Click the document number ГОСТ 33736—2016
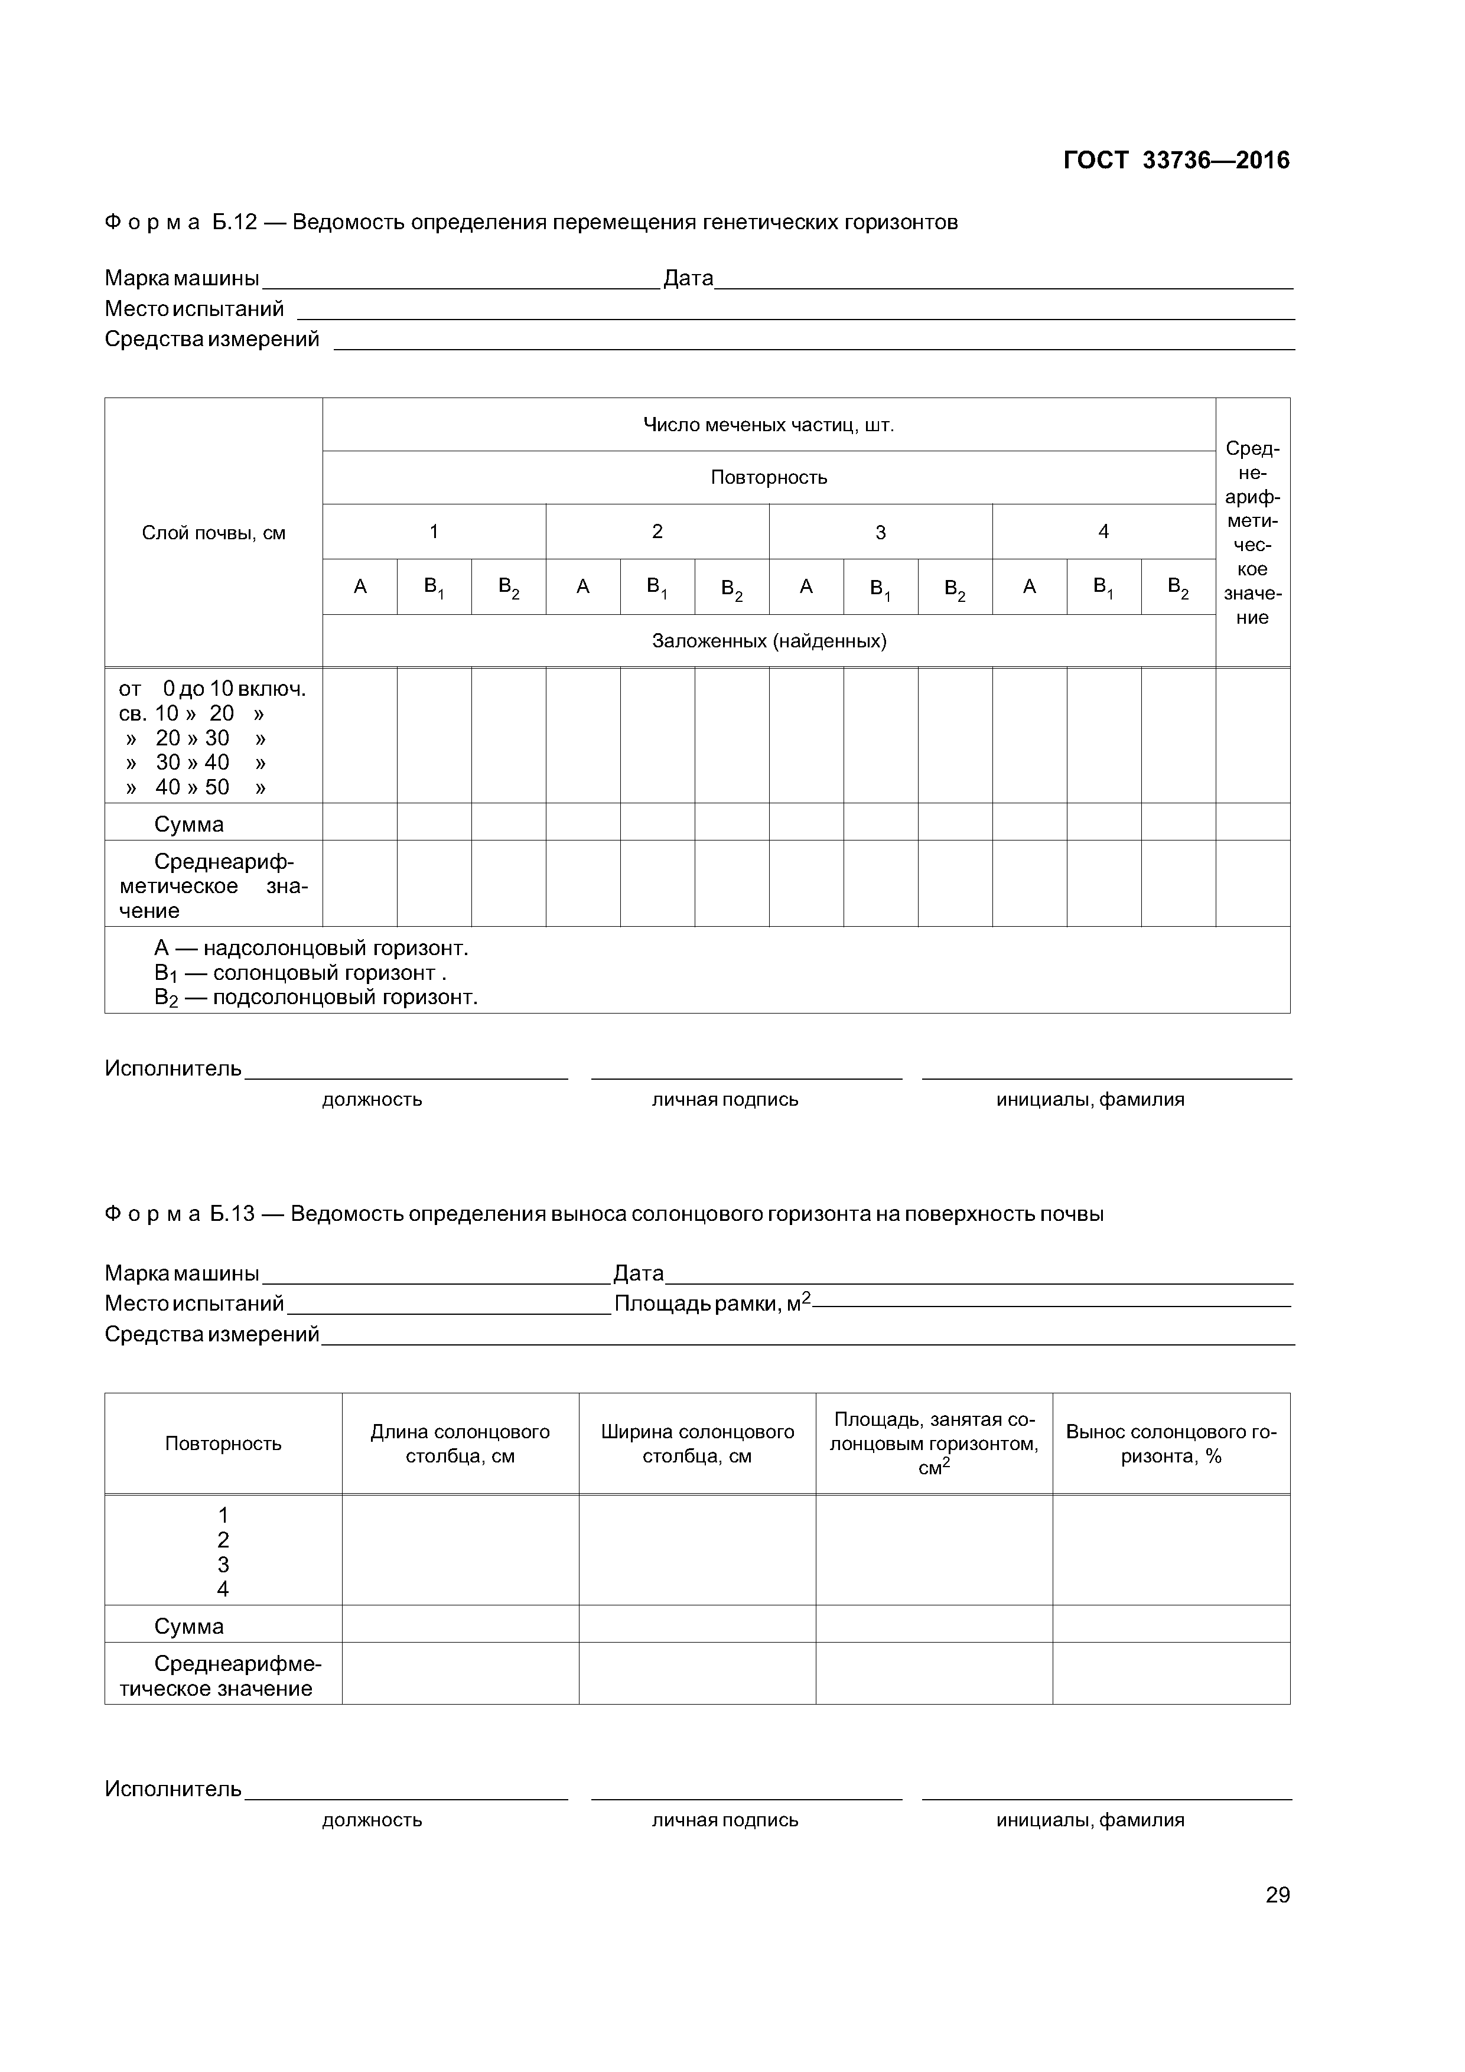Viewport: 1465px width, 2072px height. (1176, 161)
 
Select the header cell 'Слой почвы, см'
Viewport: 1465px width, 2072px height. (213, 532)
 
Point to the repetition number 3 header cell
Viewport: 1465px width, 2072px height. (880, 532)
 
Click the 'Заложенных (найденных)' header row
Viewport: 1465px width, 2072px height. (768, 641)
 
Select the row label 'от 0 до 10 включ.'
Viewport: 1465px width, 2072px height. (212, 689)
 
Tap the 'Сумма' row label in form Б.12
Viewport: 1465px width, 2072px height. (188, 824)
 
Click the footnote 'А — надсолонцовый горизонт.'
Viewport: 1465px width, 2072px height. (311, 947)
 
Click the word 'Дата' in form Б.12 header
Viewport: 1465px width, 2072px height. (688, 278)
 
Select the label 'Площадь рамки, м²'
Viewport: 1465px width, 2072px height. (712, 1303)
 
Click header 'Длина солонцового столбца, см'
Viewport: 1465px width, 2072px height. (460, 1444)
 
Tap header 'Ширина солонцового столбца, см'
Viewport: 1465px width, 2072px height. (697, 1444)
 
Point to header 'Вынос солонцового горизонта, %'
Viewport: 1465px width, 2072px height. (1171, 1444)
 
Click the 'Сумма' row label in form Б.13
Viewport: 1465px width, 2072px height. (188, 1626)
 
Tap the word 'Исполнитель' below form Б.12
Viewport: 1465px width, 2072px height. (173, 1068)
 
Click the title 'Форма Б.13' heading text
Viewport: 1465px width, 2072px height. (181, 1214)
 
